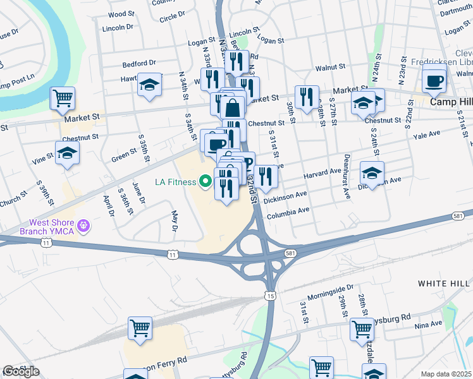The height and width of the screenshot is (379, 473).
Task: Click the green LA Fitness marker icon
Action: [x=205, y=183]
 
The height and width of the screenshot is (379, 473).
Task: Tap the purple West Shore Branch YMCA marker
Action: [x=83, y=225]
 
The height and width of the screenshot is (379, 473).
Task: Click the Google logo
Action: [x=21, y=371]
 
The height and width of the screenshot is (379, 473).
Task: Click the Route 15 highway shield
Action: [x=271, y=296]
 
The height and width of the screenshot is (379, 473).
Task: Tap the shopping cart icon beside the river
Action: [x=63, y=98]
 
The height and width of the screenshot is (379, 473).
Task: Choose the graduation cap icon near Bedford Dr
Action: [x=149, y=85]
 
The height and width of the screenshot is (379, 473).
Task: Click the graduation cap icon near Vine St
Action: [x=67, y=153]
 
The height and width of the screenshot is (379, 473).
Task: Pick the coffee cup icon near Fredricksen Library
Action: [x=434, y=81]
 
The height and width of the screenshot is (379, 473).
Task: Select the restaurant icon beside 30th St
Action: [x=307, y=97]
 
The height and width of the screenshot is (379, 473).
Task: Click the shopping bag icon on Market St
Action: [x=233, y=107]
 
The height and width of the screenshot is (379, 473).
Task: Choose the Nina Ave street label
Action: [x=429, y=325]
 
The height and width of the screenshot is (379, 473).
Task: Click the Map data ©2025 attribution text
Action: [x=446, y=374]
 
